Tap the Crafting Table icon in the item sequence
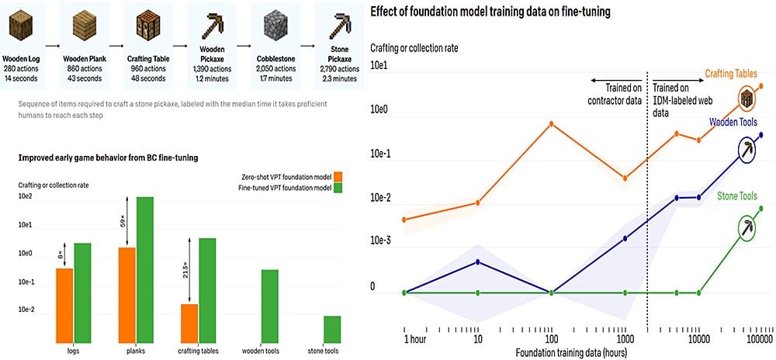(x=149, y=25)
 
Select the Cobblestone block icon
(x=275, y=25)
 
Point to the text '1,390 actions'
(x=213, y=69)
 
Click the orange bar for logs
(x=64, y=306)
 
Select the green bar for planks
(x=145, y=271)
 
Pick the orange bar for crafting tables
(x=189, y=324)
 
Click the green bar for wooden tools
(x=270, y=306)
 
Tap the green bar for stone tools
(x=332, y=330)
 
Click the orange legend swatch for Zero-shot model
(x=338, y=177)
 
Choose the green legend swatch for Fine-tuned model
(x=338, y=188)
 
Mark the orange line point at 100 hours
(x=551, y=123)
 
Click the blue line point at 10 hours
(x=477, y=261)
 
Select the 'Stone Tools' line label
(x=737, y=196)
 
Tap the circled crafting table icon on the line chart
(x=747, y=99)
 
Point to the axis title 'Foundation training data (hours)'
(x=571, y=352)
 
